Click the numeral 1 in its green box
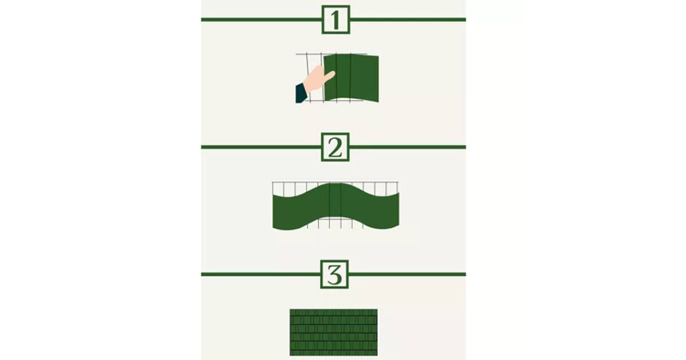(336, 20)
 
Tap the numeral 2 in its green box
(335, 147)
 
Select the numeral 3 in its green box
(334, 275)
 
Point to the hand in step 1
(318, 79)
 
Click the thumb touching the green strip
(329, 75)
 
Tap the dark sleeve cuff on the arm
(301, 94)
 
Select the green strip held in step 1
(351, 78)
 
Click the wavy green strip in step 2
(336, 206)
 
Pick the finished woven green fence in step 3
(333, 332)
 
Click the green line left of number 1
(261, 20)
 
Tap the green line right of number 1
(408, 20)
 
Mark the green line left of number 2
(261, 147)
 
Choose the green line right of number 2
(408, 147)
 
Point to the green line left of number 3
(261, 275)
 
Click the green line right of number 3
(407, 275)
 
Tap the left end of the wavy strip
(273, 212)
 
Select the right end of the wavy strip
(399, 210)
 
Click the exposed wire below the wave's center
(336, 223)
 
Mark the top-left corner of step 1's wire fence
(296, 54)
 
